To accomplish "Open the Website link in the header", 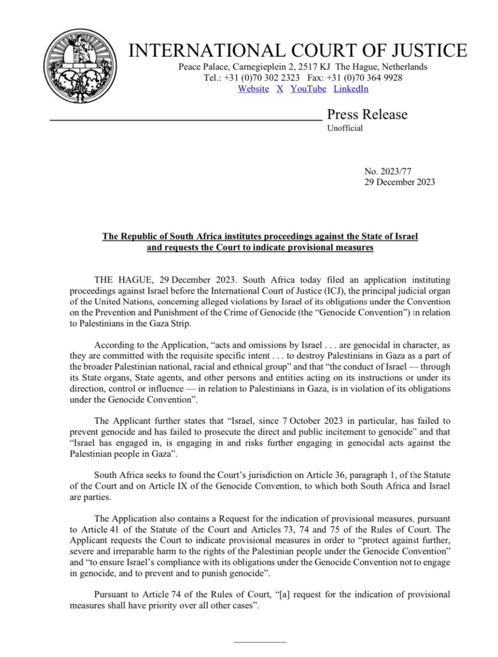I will pos(253,89).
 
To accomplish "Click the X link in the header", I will pos(280,89).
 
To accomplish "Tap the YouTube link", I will pos(308,89).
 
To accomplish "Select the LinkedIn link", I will pos(351,89).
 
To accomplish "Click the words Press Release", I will pos(367,114).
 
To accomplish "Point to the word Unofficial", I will pos(345,128).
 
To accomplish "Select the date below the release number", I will pos(400,182).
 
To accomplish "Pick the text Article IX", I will pos(168,486).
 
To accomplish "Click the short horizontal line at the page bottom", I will pos(260,642).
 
